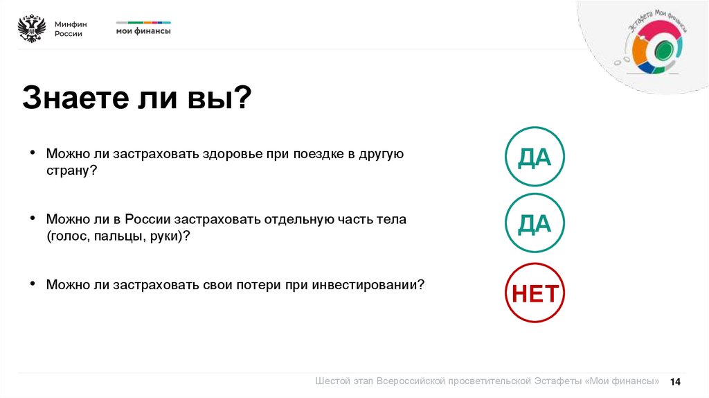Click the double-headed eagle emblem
32,28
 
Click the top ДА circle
535,157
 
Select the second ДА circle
535,224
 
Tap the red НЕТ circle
535,293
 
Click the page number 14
676,382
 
